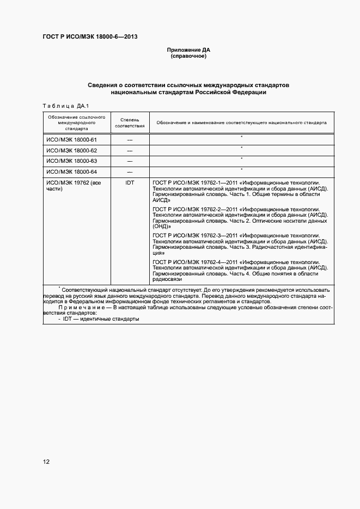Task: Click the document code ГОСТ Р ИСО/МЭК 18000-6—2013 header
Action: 89,37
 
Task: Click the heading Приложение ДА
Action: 188,50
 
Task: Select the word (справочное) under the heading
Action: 188,57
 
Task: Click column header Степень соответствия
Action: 130,122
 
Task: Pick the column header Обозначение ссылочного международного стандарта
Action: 76,123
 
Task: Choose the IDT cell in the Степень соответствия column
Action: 130,183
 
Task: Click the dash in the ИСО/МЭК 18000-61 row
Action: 130,140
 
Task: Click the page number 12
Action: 47,462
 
